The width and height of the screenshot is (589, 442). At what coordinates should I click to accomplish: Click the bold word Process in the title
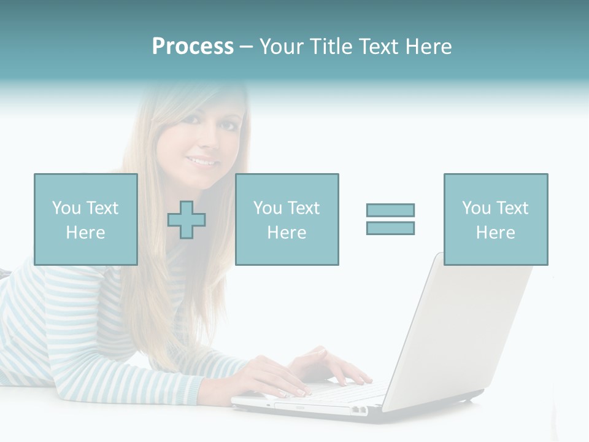(x=193, y=47)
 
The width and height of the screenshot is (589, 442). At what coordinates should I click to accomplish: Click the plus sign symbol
(x=187, y=220)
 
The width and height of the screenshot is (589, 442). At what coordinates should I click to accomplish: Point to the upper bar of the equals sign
(x=390, y=211)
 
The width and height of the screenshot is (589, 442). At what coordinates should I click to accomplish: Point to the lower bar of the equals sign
(x=390, y=228)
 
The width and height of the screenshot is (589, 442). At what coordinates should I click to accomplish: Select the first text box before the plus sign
(x=86, y=219)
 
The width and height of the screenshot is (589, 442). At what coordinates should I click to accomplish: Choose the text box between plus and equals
(x=287, y=219)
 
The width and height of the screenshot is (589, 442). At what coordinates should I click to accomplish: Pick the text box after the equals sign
(x=496, y=219)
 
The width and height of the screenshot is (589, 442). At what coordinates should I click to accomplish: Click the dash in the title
(x=245, y=47)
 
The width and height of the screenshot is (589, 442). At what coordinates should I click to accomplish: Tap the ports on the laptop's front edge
(x=359, y=409)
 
